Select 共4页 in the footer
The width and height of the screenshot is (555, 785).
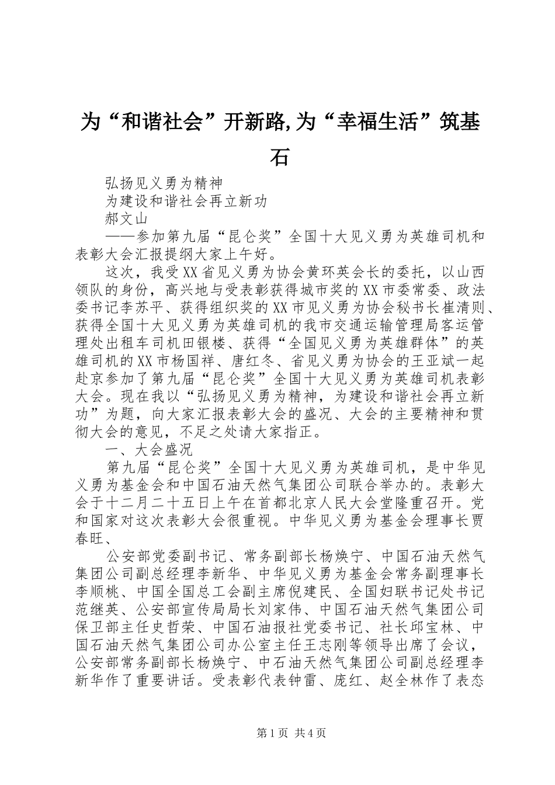click(310, 732)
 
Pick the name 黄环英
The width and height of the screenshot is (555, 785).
click(309, 272)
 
